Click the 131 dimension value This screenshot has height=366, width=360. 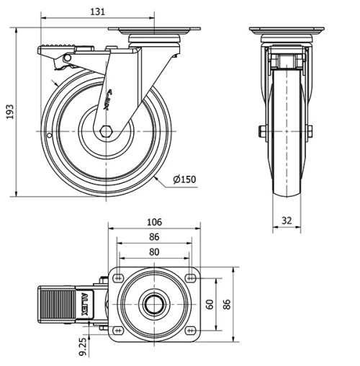click(99, 11)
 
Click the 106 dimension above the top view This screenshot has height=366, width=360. click(153, 221)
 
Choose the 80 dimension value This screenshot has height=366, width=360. click(153, 252)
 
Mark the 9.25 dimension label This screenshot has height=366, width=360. click(84, 346)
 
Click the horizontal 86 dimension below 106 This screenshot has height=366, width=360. click(153, 236)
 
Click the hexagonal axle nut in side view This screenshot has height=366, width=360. click(107, 131)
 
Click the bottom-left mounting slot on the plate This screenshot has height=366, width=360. click(117, 331)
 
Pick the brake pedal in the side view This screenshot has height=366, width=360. click(55, 53)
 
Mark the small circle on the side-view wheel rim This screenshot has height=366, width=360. click(48, 135)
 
